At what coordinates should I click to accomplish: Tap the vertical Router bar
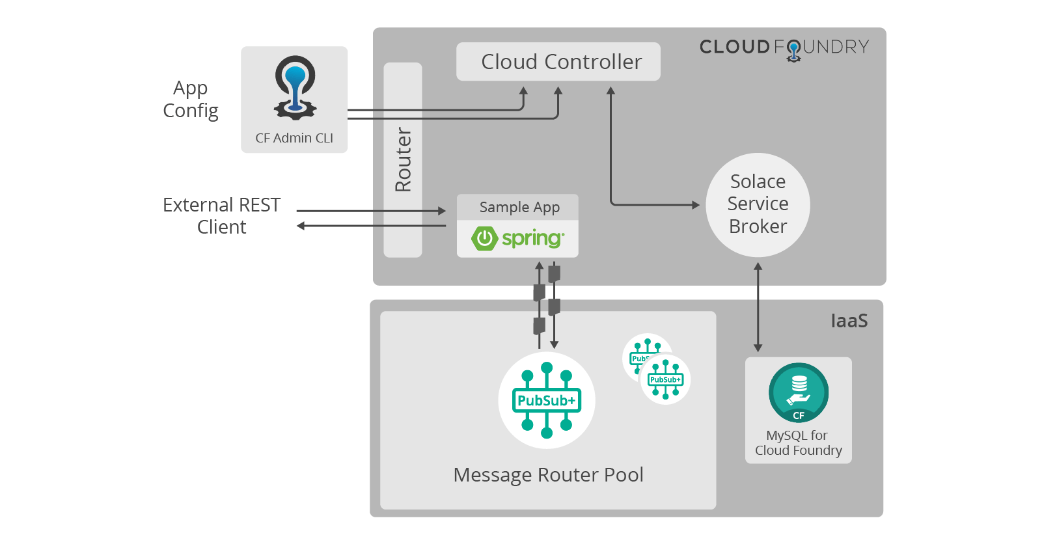(x=403, y=160)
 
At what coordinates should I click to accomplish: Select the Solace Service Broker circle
(x=758, y=204)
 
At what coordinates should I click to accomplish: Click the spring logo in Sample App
(x=518, y=238)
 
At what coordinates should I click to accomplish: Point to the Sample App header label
(x=519, y=207)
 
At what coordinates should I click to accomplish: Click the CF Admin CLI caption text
(x=294, y=138)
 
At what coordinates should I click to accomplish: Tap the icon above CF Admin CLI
(x=295, y=88)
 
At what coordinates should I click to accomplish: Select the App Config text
(x=191, y=99)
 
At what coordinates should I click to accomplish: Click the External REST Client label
(x=221, y=216)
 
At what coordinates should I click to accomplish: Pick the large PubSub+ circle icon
(x=547, y=400)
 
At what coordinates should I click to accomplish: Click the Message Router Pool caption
(x=548, y=475)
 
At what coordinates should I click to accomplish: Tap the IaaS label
(x=849, y=321)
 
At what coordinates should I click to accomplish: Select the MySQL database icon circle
(x=799, y=392)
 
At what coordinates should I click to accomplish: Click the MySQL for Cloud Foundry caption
(x=798, y=443)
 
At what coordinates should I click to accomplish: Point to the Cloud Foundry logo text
(x=784, y=48)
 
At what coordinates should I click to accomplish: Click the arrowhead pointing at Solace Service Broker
(x=696, y=205)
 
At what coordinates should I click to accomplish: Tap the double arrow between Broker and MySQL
(x=758, y=307)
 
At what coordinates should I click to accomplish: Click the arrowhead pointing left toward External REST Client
(x=301, y=226)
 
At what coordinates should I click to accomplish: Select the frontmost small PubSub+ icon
(x=665, y=379)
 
